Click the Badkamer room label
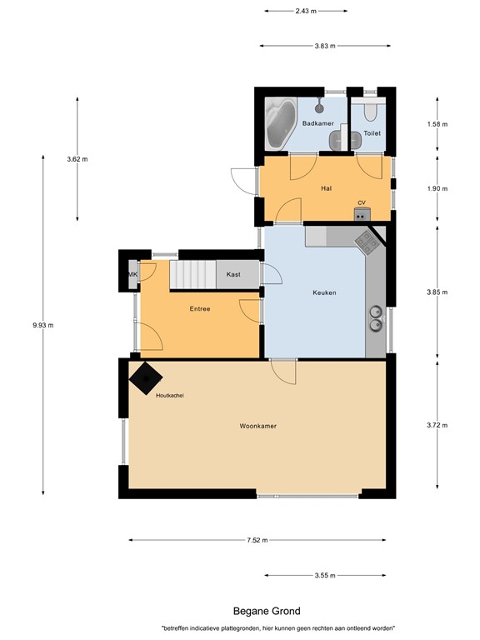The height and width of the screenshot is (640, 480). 318,123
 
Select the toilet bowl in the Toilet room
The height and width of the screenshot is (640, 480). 370,111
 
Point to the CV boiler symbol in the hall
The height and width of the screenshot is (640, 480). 362,213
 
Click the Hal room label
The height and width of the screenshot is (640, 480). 326,188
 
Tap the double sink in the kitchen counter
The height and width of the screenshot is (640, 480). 376,318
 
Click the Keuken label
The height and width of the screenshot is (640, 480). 324,292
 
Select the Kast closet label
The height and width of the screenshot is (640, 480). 233,274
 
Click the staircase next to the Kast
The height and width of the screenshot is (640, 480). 192,275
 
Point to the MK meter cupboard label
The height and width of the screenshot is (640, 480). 132,275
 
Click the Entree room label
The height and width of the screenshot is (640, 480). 200,309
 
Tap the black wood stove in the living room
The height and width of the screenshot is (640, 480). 146,378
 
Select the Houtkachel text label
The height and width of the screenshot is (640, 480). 170,396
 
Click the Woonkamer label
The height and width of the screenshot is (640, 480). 258,426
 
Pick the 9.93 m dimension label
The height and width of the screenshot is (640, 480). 42,325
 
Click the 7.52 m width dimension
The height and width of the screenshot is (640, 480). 257,540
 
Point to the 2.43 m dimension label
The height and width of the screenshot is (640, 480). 306,11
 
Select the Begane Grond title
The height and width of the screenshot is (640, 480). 267,611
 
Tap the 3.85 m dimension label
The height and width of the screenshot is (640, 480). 437,292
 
